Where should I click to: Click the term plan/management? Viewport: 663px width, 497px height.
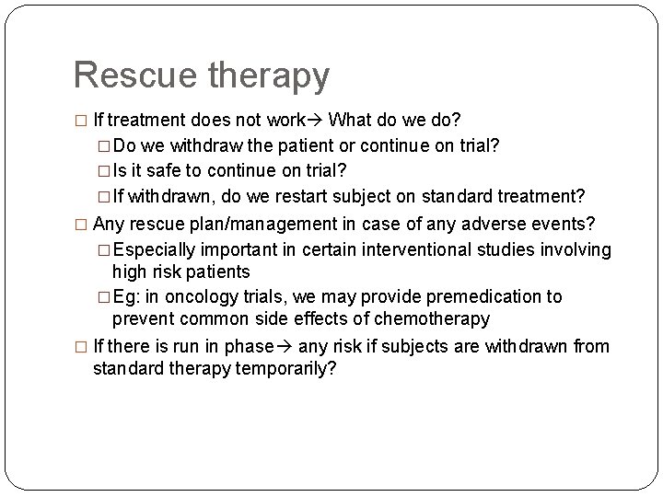(x=241, y=224)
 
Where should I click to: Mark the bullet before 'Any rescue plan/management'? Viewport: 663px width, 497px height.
(x=80, y=224)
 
